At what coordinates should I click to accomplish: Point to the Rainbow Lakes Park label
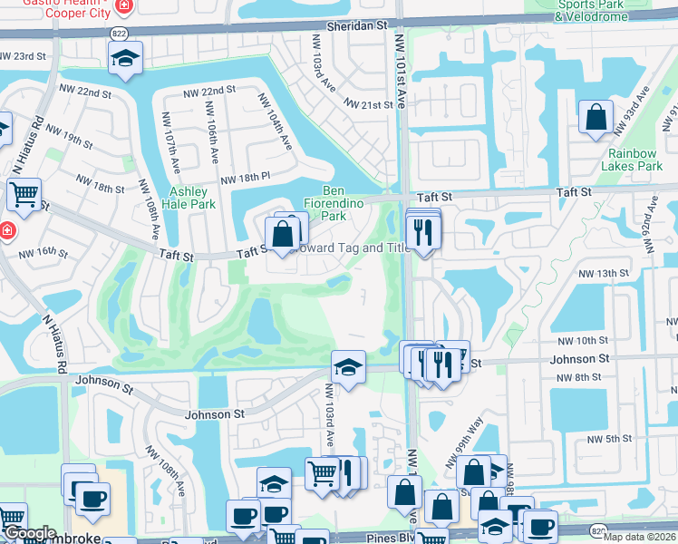[632, 160]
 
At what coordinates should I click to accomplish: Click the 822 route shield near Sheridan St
[119, 33]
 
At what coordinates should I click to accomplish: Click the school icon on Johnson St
[348, 367]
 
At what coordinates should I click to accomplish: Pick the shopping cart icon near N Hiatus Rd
[24, 193]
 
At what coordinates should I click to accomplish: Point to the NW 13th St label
[605, 273]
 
